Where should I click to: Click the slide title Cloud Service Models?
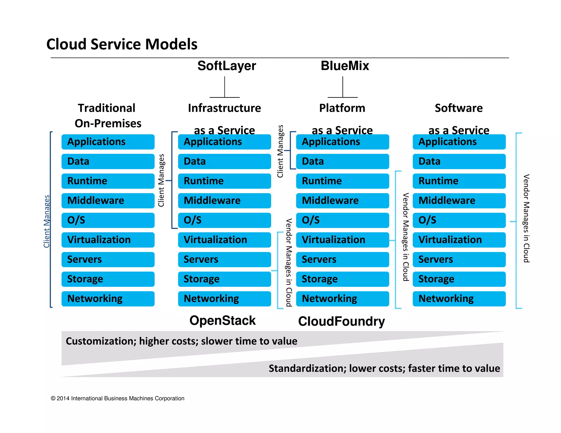(122, 44)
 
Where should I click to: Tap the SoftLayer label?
(227, 66)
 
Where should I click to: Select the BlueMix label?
(345, 66)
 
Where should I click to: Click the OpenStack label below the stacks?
(222, 321)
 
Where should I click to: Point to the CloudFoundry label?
(341, 321)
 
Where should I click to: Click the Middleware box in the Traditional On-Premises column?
(108, 201)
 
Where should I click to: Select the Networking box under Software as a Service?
(459, 299)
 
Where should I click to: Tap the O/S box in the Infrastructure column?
(224, 220)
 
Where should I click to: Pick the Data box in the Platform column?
(342, 161)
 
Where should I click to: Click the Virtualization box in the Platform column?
(342, 240)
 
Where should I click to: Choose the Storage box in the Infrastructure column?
(224, 279)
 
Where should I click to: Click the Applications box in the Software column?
(459, 142)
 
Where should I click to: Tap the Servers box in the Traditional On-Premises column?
(108, 259)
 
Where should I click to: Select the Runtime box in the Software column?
(459, 181)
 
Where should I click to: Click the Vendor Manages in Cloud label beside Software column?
(526, 218)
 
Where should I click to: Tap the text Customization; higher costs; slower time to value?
(181, 341)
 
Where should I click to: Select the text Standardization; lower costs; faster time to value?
(384, 368)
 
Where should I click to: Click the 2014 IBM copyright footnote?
(117, 399)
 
